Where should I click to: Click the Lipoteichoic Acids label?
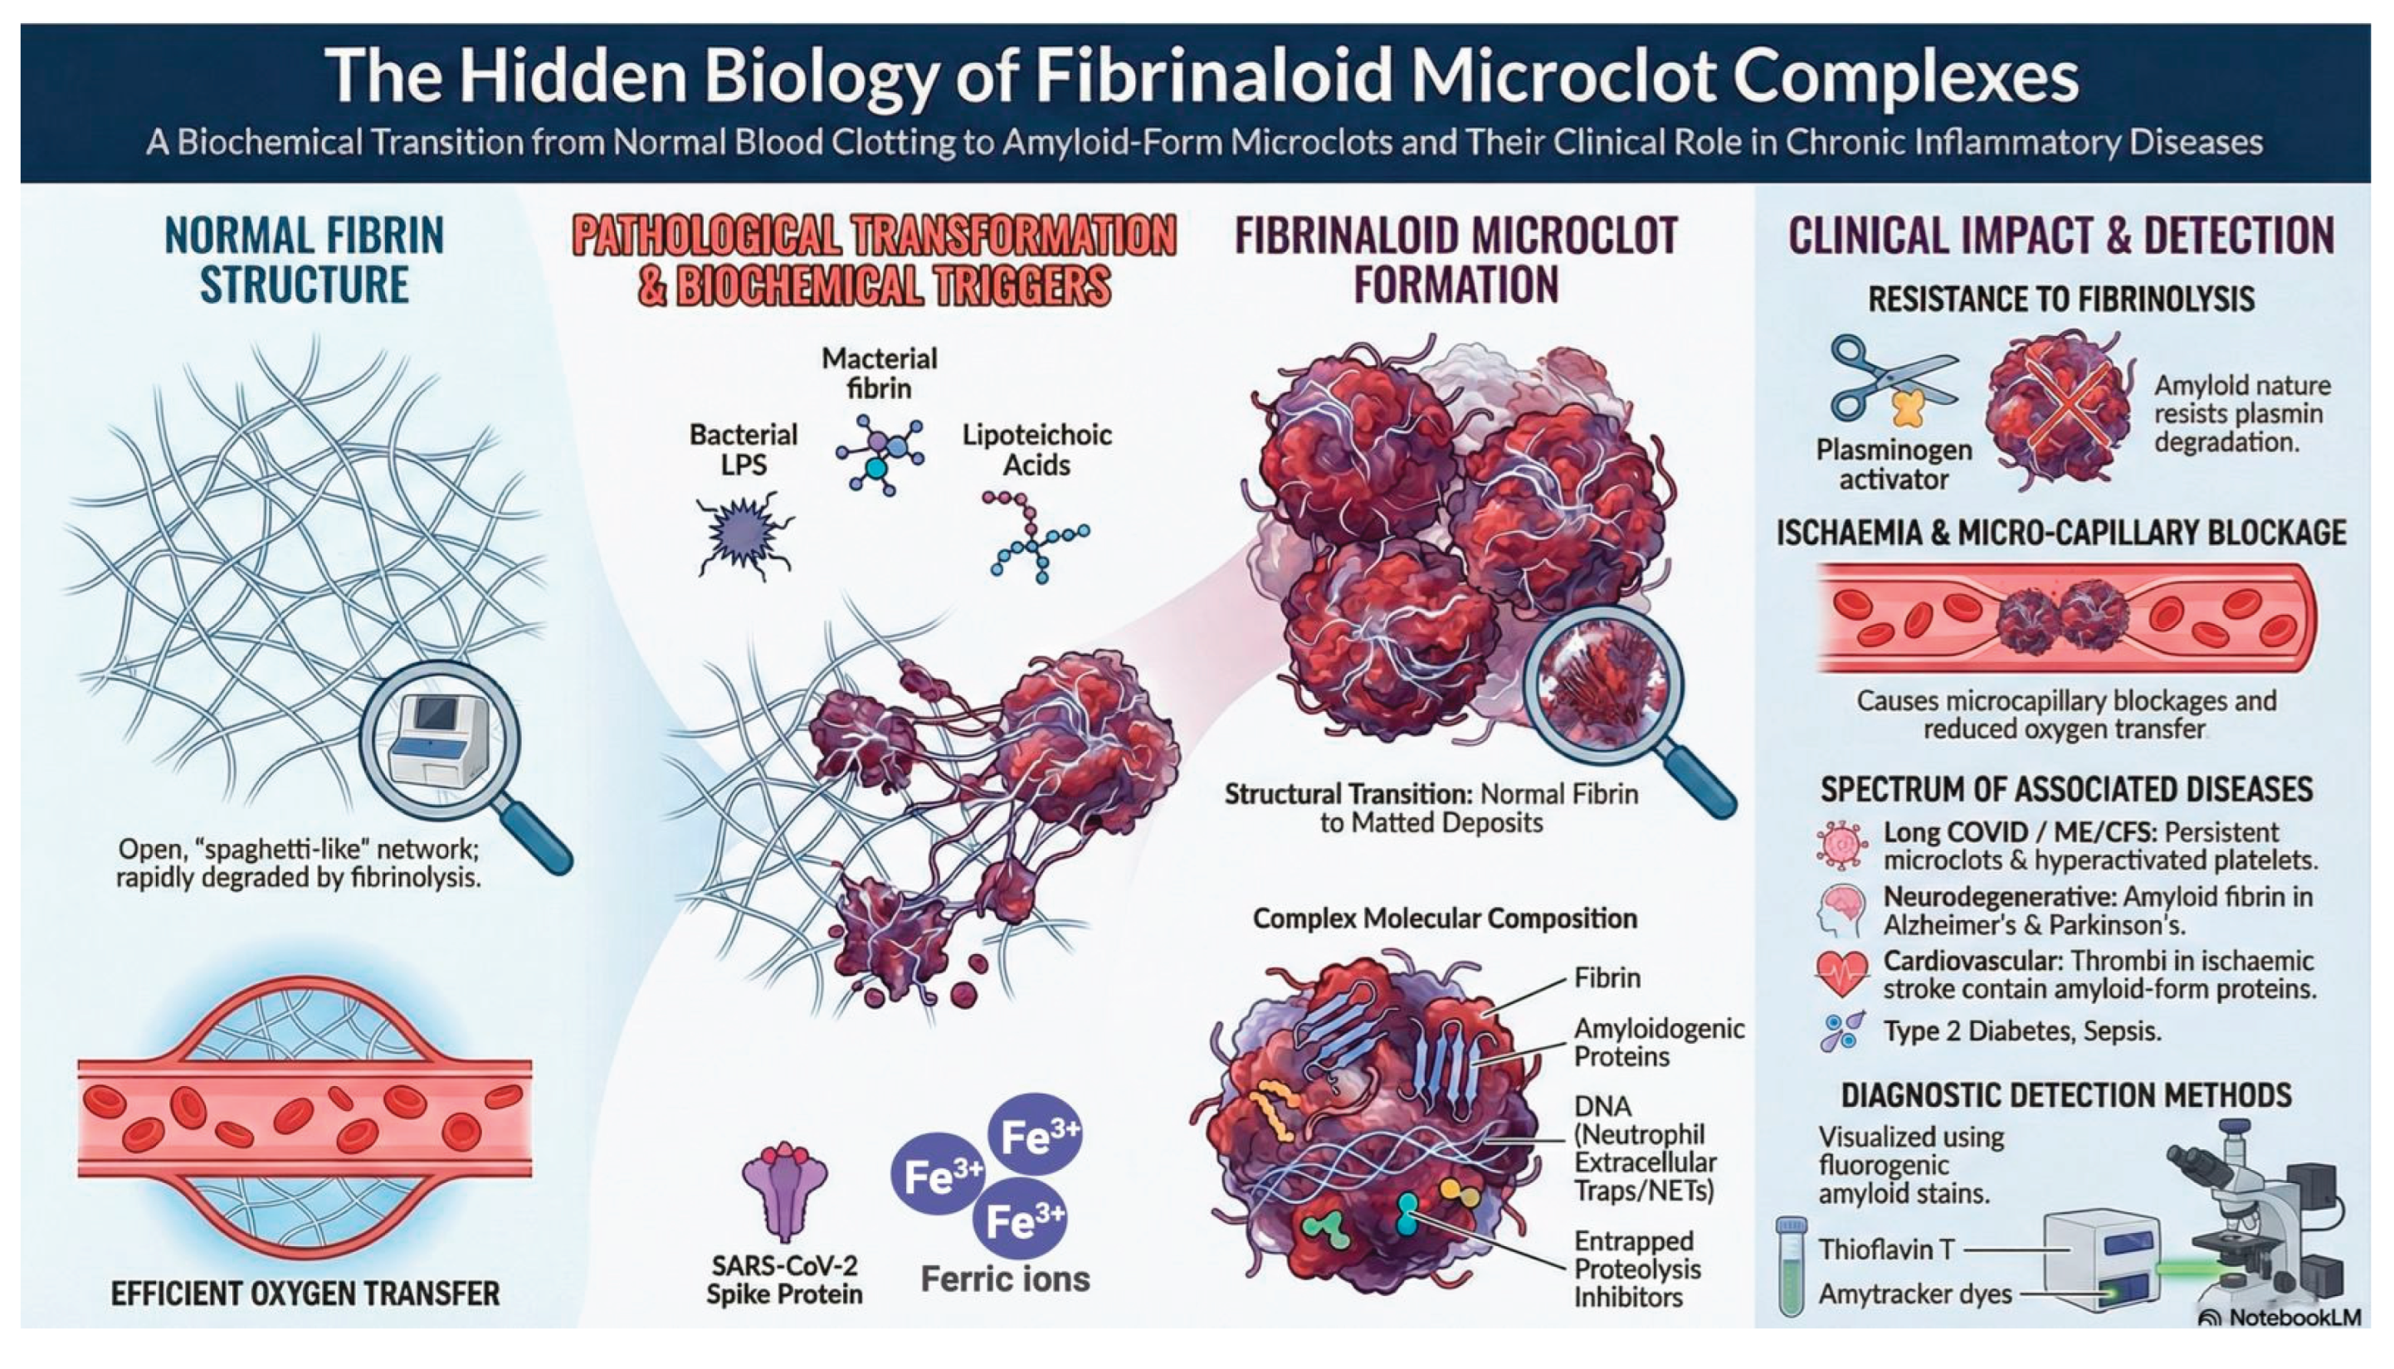1036,450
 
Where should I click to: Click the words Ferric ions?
1004,1279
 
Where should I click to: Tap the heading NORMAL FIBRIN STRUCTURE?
304,260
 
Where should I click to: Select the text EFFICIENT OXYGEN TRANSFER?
305,1293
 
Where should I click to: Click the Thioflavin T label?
1885,1250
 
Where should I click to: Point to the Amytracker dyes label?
1914,1294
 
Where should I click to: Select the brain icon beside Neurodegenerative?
1841,910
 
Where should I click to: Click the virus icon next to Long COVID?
1841,845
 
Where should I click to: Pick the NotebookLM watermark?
2280,1318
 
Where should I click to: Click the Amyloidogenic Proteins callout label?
1659,1042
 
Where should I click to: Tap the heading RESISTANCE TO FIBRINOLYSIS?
2061,299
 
